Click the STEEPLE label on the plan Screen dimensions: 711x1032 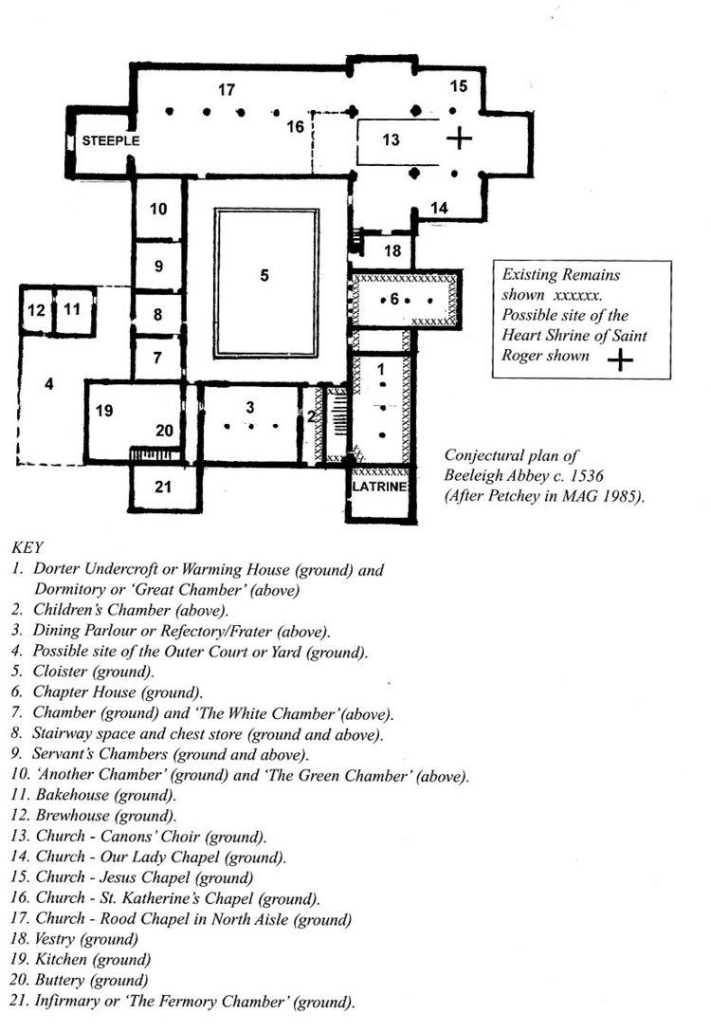pyautogui.click(x=111, y=140)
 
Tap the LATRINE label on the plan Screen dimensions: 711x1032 pyautogui.click(x=379, y=487)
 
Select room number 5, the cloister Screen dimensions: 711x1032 pyautogui.click(x=264, y=275)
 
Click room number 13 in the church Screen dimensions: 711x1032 pyautogui.click(x=391, y=139)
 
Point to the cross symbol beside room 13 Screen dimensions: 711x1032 pyautogui.click(x=459, y=138)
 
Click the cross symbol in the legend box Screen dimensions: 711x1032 pyautogui.click(x=620, y=360)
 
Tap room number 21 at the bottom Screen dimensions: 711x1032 pyautogui.click(x=163, y=487)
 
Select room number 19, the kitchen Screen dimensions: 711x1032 pyautogui.click(x=104, y=411)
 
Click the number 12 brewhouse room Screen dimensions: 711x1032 pyautogui.click(x=36, y=309)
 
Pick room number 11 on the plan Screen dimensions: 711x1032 pyautogui.click(x=72, y=308)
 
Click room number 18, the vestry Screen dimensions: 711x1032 pyautogui.click(x=392, y=250)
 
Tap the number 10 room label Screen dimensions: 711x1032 pyautogui.click(x=158, y=209)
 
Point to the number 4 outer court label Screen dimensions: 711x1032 pyautogui.click(x=48, y=383)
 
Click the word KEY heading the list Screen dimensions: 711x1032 pyautogui.click(x=27, y=547)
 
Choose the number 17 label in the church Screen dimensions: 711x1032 pyautogui.click(x=227, y=89)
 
